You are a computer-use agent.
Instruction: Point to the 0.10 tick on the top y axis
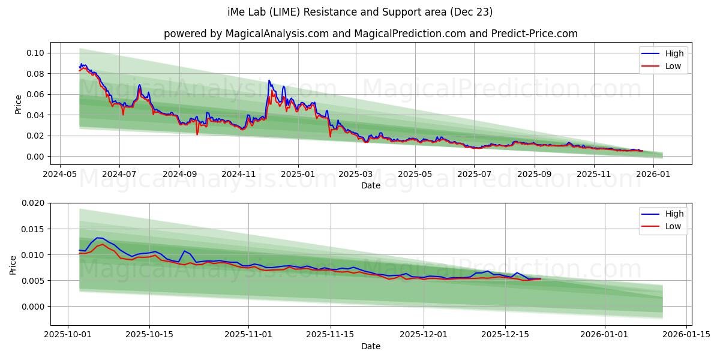35,53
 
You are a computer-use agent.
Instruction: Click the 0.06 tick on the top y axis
35,94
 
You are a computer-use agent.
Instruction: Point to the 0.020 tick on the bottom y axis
33,203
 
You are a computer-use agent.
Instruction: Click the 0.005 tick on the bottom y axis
33,281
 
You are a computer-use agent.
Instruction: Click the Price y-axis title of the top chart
18,104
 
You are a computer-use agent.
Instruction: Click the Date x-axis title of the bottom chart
370,346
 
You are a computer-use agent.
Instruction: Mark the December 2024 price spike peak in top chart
269,80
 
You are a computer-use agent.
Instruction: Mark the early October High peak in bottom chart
98,238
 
